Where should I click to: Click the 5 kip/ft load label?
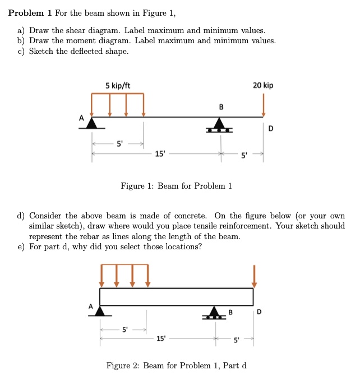point(118,85)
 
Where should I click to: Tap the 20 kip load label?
point(263,85)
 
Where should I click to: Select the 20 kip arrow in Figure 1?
point(263,105)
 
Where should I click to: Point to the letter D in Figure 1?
point(271,129)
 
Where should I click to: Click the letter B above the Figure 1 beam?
point(221,107)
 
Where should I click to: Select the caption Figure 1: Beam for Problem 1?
point(177,186)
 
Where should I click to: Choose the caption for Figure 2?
point(177,366)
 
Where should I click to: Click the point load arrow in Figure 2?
point(254,276)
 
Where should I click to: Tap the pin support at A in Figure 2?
point(100,310)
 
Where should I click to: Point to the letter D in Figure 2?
point(259,311)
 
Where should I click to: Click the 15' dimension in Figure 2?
point(161,339)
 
